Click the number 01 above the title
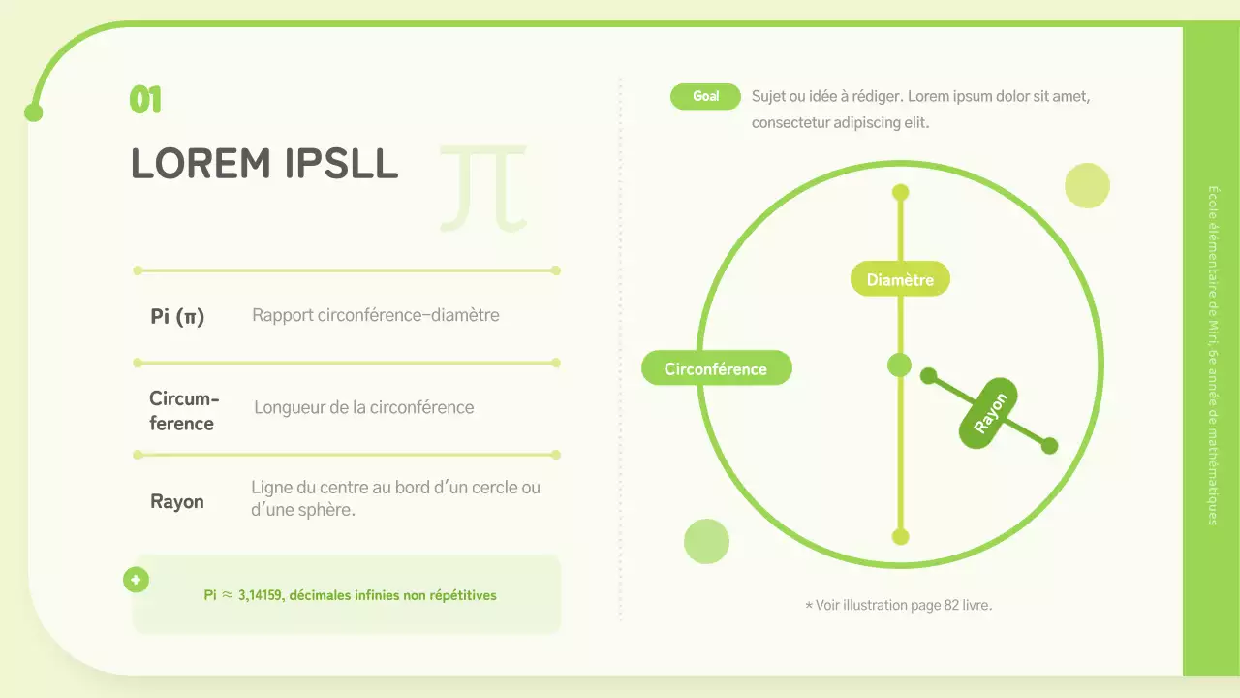(145, 100)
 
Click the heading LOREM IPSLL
(264, 164)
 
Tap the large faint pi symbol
(483, 188)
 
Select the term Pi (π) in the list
(177, 316)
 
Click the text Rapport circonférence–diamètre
(376, 315)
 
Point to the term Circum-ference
(183, 411)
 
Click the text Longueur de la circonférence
(364, 407)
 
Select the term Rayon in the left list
(177, 501)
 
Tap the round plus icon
(136, 580)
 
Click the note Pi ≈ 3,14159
(350, 595)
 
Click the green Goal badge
(705, 96)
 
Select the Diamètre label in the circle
(900, 280)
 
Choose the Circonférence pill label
(716, 368)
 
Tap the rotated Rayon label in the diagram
(990, 413)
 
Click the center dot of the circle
(900, 365)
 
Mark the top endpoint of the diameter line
(900, 192)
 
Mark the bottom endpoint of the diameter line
(900, 536)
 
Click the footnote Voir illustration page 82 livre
(899, 605)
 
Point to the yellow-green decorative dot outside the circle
(1087, 185)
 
